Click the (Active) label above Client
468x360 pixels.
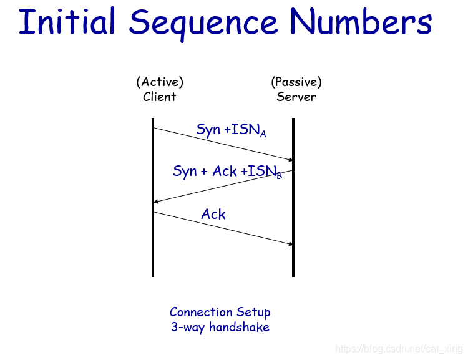point(160,82)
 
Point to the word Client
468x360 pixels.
point(160,97)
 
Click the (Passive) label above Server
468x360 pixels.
point(296,82)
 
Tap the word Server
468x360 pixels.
point(296,97)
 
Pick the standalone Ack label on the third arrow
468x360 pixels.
point(213,215)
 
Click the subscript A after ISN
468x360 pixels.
point(263,134)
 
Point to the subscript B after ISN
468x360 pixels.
point(279,176)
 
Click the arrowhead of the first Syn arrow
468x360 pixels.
point(290,160)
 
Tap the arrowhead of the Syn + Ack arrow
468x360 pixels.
point(157,202)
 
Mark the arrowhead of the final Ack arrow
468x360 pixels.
point(290,244)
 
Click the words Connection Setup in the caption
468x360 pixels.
point(220,313)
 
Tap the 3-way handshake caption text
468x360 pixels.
point(220,327)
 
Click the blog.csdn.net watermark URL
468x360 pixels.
point(399,348)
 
